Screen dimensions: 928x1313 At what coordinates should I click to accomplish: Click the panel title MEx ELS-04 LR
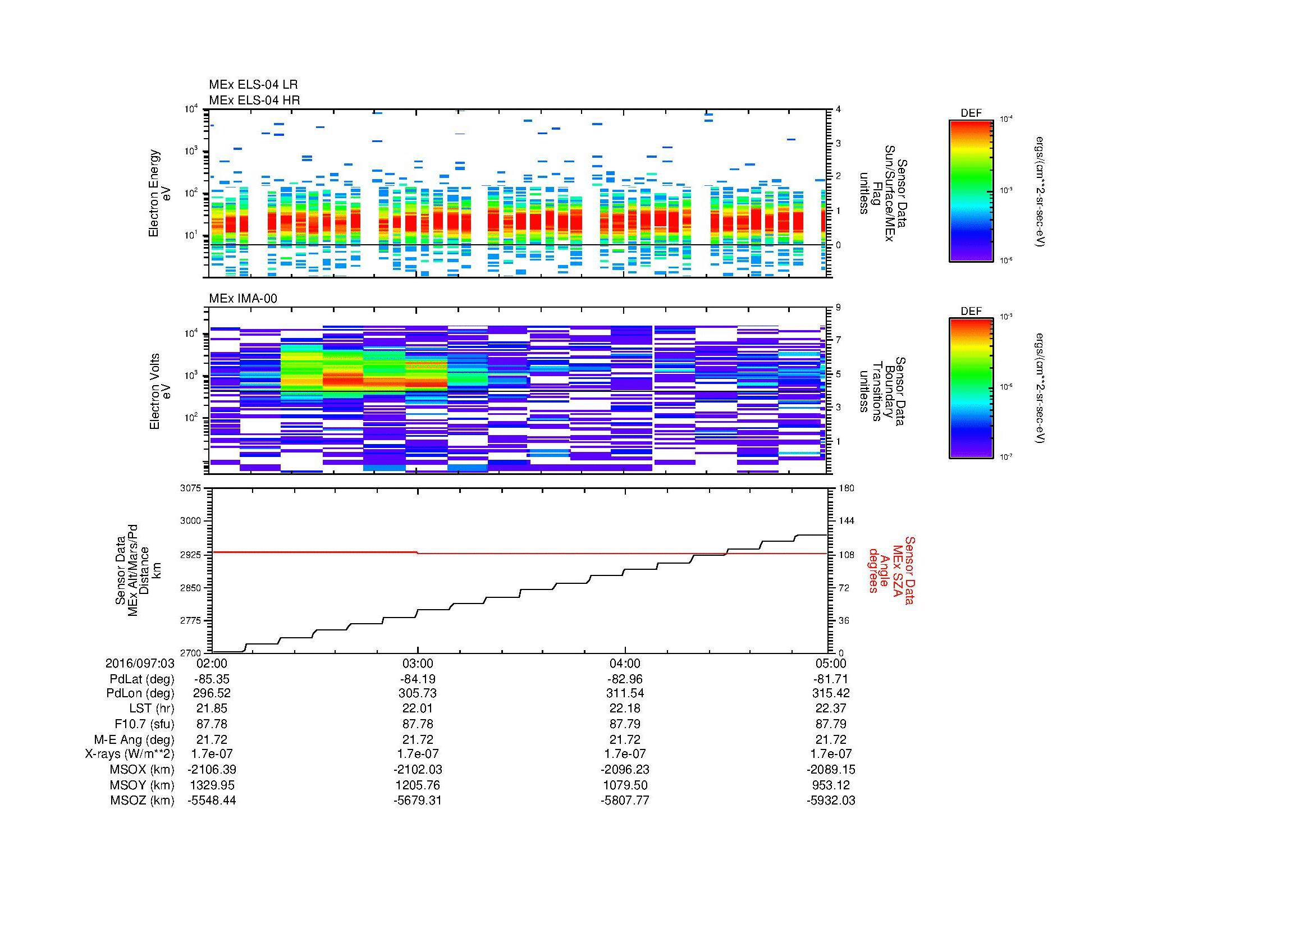point(253,85)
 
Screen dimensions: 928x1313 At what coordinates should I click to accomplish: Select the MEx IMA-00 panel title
point(243,299)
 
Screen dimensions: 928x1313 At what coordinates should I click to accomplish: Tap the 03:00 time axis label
point(418,663)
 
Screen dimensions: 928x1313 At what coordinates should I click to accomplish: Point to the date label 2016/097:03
point(140,663)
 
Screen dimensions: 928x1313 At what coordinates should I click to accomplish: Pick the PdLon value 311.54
point(625,693)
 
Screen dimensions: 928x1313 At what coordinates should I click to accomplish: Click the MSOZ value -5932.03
point(831,801)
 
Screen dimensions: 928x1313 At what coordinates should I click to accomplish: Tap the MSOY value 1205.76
point(418,785)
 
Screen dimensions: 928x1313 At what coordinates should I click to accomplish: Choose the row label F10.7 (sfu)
point(144,724)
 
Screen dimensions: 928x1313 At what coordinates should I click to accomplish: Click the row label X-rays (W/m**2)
point(129,754)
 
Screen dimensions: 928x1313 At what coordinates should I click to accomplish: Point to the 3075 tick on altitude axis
point(191,488)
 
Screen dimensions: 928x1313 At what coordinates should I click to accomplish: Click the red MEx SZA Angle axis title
point(891,570)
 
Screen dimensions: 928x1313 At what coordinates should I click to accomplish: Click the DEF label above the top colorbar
point(971,113)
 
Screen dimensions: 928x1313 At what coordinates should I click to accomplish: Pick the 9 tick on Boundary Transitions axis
point(838,308)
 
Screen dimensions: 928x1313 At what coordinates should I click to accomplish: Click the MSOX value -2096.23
point(625,770)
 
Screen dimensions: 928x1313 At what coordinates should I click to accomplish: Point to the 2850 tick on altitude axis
point(191,588)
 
